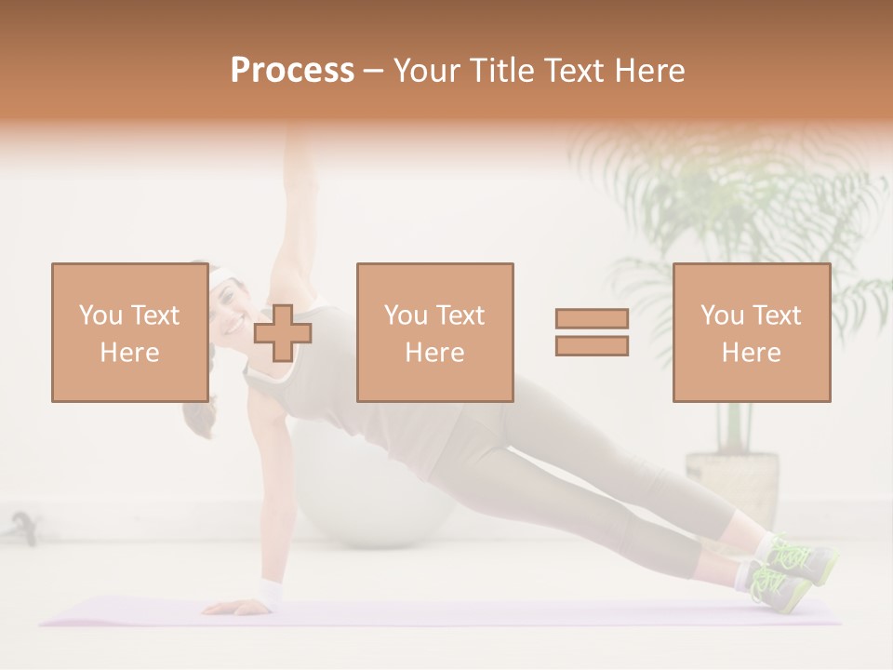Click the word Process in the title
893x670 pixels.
pyautogui.click(x=292, y=71)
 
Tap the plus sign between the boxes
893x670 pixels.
pyautogui.click(x=283, y=333)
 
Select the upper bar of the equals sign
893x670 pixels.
pyautogui.click(x=592, y=319)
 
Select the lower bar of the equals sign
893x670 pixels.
pyautogui.click(x=592, y=346)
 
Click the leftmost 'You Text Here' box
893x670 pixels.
pyautogui.click(x=129, y=332)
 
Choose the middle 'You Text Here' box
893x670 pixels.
pyautogui.click(x=434, y=332)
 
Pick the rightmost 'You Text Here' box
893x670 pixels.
pyautogui.click(x=751, y=332)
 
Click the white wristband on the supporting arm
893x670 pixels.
pyautogui.click(x=271, y=592)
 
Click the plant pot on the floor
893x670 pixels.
pyautogui.click(x=732, y=484)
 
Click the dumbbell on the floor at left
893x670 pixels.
pyautogui.click(x=23, y=529)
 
